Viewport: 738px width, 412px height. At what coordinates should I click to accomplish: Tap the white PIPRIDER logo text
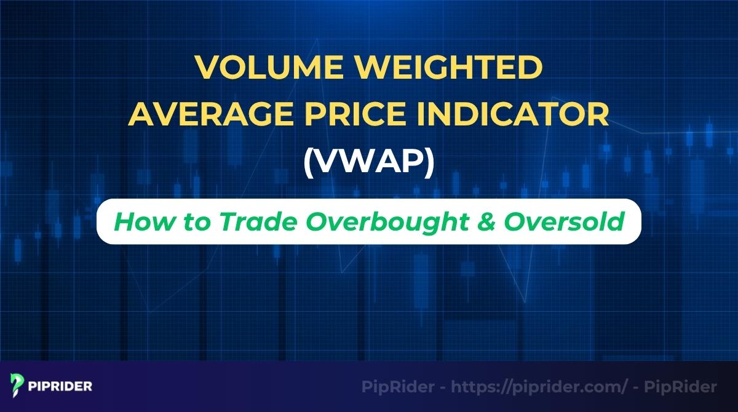point(60,387)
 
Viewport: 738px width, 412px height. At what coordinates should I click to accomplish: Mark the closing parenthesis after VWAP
point(429,164)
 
